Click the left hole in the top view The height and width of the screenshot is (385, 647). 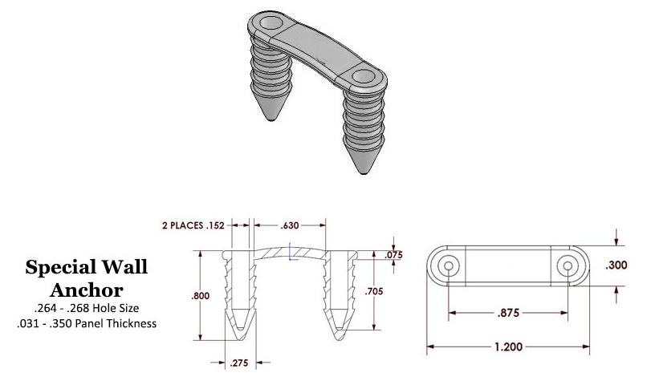click(448, 265)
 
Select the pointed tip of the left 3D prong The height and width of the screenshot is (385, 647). click(271, 118)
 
